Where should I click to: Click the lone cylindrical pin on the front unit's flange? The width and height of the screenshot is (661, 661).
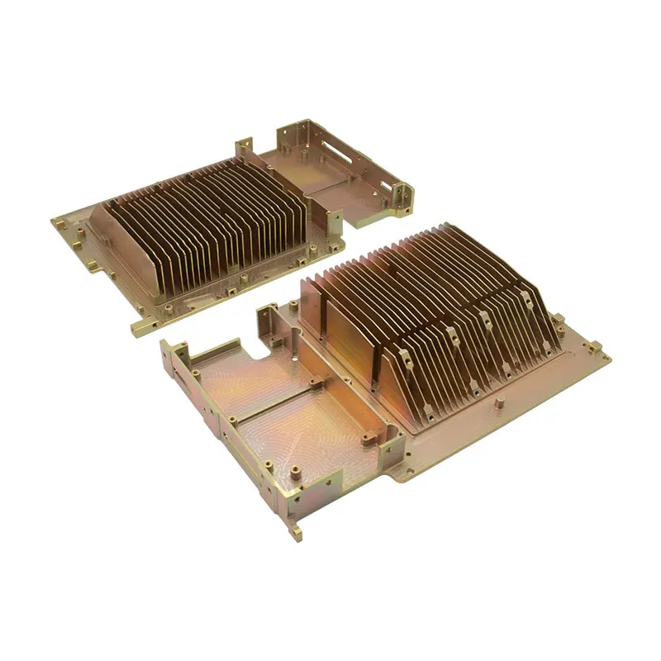click(500, 404)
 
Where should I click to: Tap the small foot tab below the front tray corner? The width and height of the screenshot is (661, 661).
click(296, 530)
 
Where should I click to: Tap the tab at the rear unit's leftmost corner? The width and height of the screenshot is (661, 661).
click(59, 221)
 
